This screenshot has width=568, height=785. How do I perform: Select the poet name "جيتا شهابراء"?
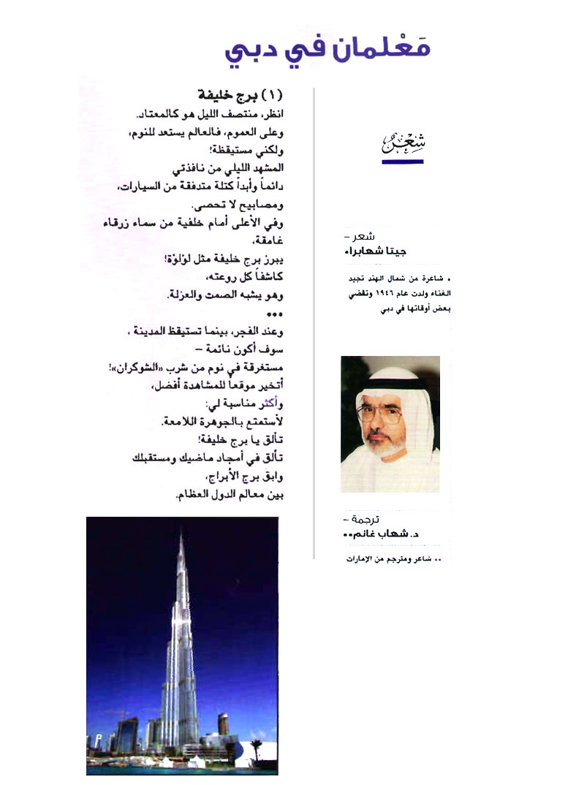(374, 251)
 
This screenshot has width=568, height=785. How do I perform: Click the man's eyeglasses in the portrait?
(386, 416)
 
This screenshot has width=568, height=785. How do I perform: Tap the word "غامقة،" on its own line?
(268, 245)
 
